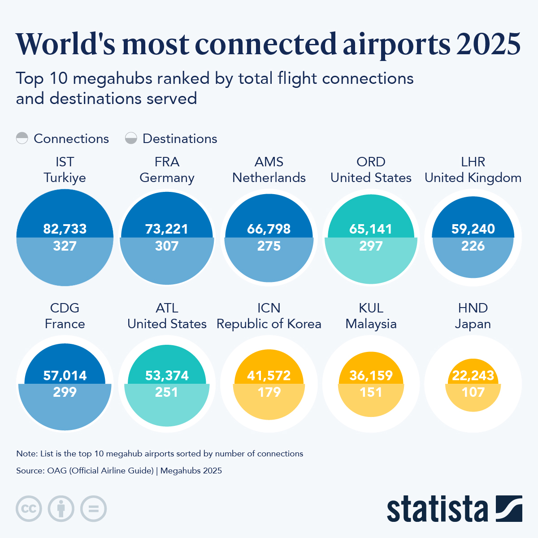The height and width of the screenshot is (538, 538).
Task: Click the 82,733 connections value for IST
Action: coord(65,229)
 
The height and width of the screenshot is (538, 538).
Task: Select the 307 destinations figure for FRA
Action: coord(167,246)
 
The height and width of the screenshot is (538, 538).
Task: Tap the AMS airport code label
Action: coord(269,162)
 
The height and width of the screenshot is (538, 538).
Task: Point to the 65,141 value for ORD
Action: coord(371,229)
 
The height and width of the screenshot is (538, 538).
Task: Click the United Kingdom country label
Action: coord(473,178)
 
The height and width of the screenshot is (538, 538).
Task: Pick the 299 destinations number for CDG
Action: coord(65,392)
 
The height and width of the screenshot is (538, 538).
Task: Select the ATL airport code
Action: coord(167,308)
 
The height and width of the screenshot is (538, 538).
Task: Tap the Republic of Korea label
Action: coord(269,324)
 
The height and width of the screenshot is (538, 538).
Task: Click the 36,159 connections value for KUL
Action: coord(371,375)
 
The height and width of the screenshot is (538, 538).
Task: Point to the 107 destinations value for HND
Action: coord(473,392)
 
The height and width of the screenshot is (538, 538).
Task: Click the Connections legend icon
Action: coord(22,138)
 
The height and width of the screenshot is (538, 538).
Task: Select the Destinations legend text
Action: coord(180,139)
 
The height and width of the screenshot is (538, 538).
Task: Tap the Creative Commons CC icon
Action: coord(29,509)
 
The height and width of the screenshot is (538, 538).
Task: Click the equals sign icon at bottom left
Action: coord(93,509)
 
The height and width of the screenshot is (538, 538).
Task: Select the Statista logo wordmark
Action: coord(437,509)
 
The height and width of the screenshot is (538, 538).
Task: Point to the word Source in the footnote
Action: coord(30,471)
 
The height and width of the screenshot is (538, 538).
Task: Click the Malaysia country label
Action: coord(371,324)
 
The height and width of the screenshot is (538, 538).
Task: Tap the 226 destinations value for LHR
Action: coord(473,246)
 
